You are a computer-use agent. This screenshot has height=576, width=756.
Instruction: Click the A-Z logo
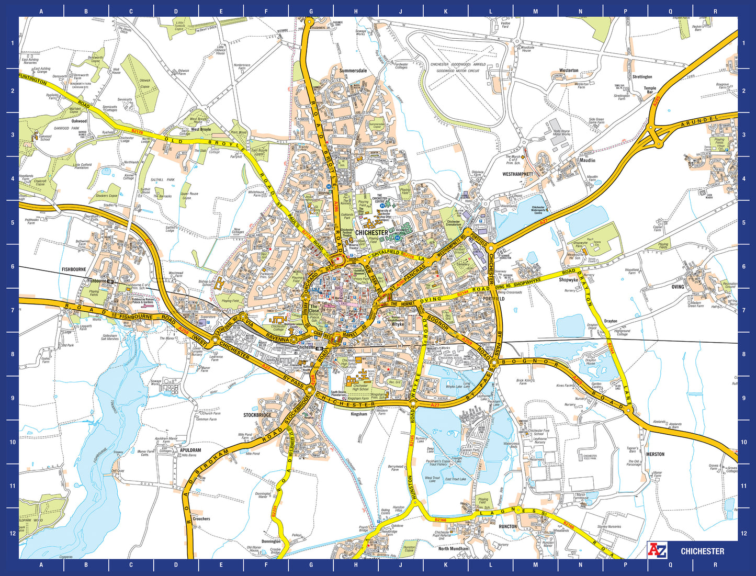pyautogui.click(x=657, y=550)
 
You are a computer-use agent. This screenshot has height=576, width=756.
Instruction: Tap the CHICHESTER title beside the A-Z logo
pyautogui.click(x=702, y=551)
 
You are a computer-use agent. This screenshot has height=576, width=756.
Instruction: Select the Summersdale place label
pyautogui.click(x=353, y=71)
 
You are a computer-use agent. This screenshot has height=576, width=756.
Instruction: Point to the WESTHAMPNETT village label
pyautogui.click(x=517, y=174)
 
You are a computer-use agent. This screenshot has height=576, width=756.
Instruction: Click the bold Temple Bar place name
pyautogui.click(x=650, y=90)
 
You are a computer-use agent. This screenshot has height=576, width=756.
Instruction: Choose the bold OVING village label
pyautogui.click(x=678, y=287)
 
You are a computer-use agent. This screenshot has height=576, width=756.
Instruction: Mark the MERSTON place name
pyautogui.click(x=655, y=454)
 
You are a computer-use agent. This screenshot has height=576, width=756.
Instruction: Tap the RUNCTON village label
pyautogui.click(x=507, y=526)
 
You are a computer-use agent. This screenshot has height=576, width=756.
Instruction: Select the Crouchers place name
pyautogui.click(x=201, y=519)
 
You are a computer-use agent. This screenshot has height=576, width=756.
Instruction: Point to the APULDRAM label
pyautogui.click(x=190, y=450)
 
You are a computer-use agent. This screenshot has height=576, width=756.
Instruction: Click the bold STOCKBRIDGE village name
pyautogui.click(x=257, y=415)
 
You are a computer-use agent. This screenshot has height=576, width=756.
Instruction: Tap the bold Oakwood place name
pyautogui.click(x=79, y=121)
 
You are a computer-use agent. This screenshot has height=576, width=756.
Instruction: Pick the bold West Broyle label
pyautogui.click(x=201, y=129)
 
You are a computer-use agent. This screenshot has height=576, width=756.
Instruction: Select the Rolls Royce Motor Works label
pyautogui.click(x=562, y=133)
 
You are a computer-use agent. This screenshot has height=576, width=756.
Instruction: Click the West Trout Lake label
pyautogui.click(x=433, y=479)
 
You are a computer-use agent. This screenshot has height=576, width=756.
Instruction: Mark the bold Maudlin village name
pyautogui.click(x=588, y=161)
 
